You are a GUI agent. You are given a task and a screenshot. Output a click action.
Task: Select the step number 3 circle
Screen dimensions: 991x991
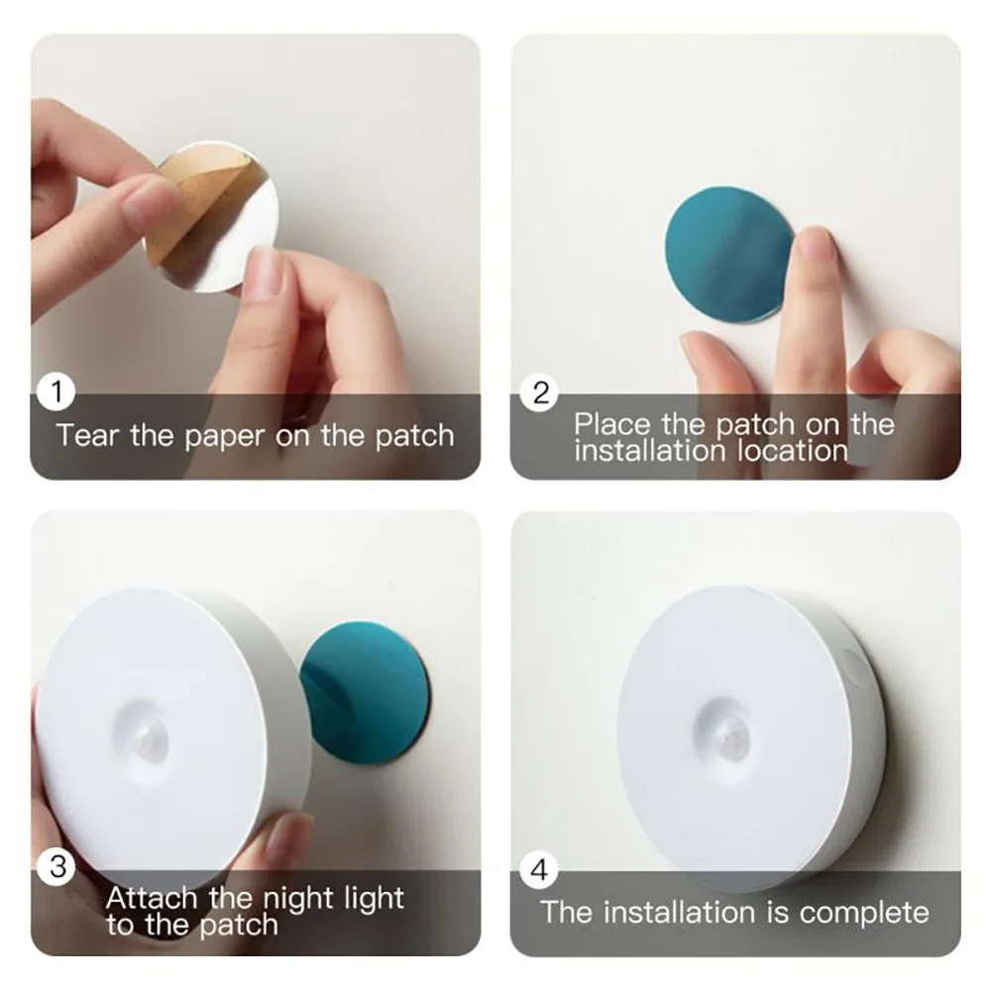(x=57, y=868)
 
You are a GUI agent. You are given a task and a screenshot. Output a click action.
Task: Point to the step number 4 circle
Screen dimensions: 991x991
(x=540, y=871)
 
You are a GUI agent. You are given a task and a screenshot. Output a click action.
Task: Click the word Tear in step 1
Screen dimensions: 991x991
(x=88, y=435)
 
